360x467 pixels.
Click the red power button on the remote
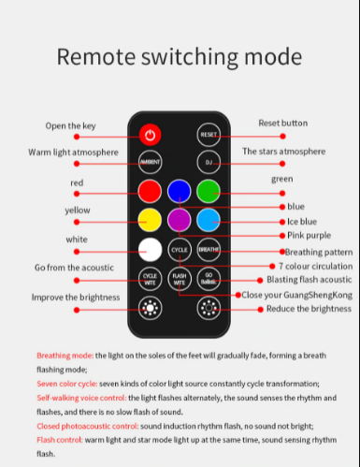150,133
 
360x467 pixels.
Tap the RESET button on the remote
209,134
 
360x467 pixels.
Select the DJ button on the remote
209,161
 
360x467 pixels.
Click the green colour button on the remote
209,191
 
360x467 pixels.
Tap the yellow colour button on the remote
150,221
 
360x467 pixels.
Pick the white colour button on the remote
150,250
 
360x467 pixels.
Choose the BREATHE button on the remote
209,250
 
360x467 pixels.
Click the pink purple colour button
179,221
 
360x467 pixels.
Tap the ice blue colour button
209,221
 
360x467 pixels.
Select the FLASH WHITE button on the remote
179,278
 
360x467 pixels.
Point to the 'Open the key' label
71,125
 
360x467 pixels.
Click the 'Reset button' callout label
281,123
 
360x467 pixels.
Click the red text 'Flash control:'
62,439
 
